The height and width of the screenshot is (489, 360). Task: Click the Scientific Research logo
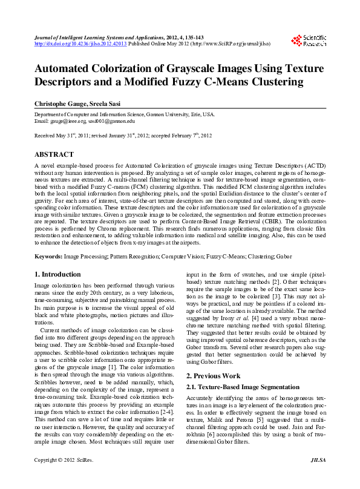[x=309, y=41]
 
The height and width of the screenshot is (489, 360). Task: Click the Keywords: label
[x=48, y=257]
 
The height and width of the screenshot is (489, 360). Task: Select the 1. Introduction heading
[x=57, y=274]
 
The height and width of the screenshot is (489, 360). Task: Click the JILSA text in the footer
[x=318, y=477]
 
